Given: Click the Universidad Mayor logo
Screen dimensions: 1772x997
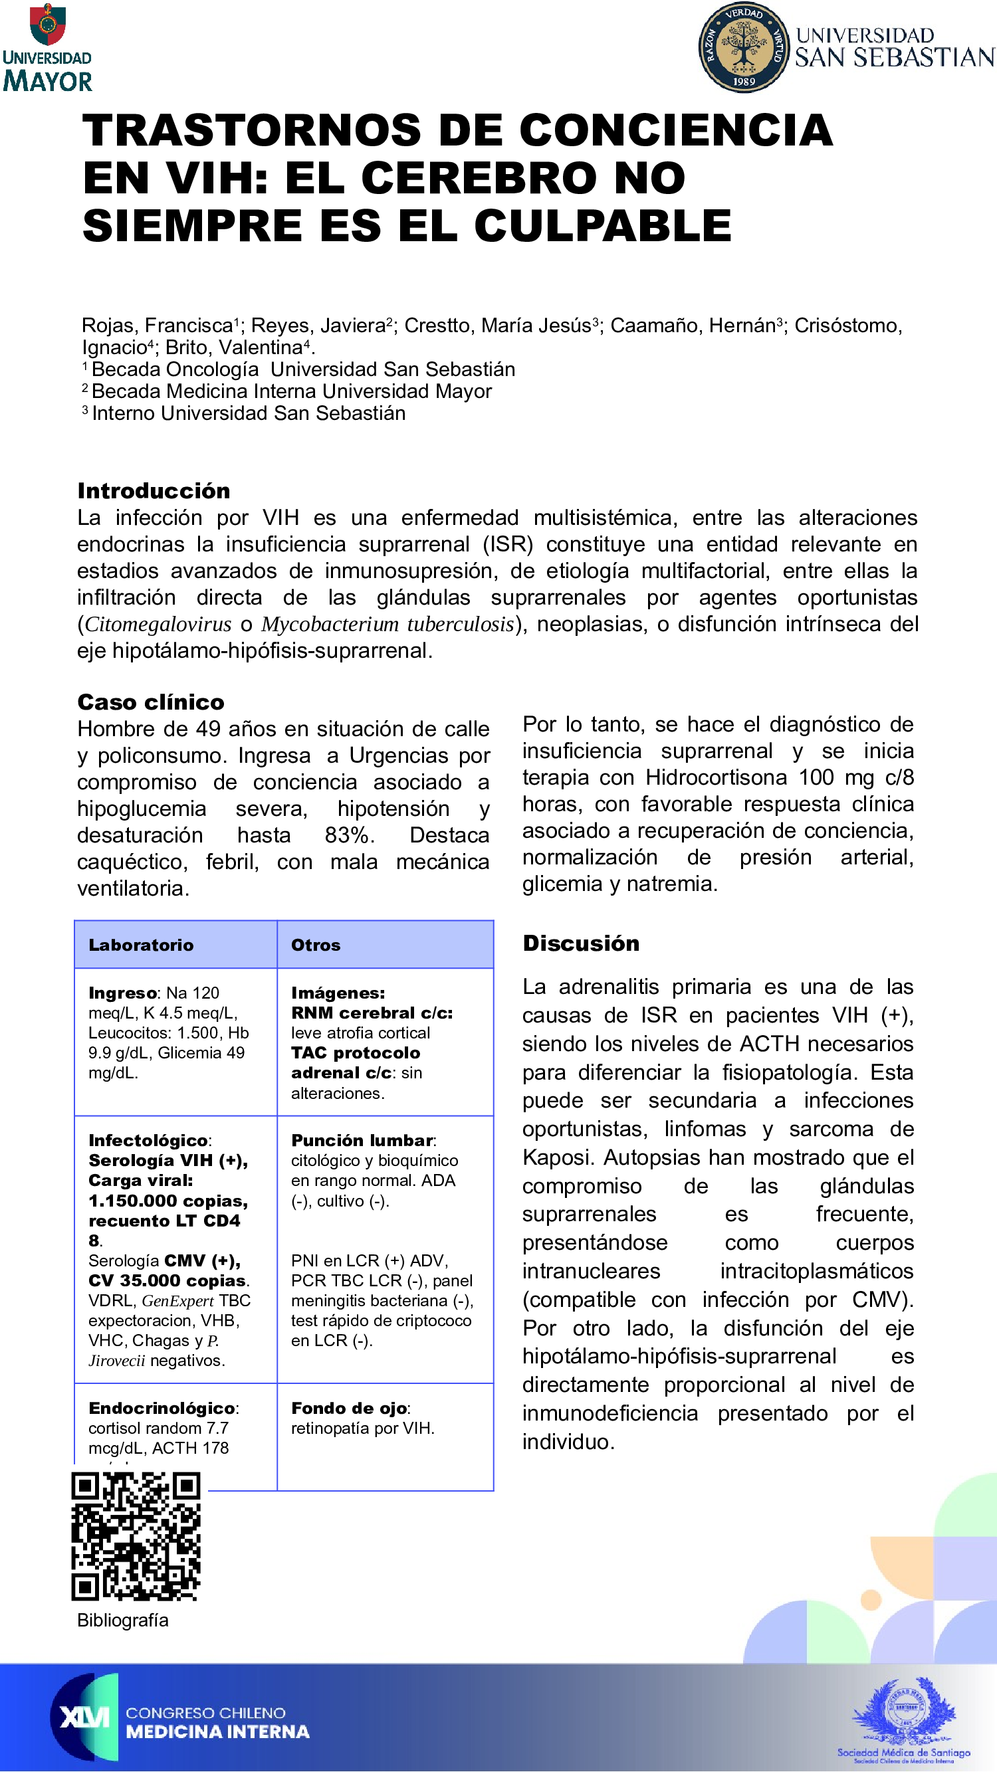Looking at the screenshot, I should pyautogui.click(x=47, y=48).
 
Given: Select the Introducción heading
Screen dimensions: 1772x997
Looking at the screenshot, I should pyautogui.click(x=154, y=491).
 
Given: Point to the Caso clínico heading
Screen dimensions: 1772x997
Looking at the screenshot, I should pyautogui.click(x=151, y=702).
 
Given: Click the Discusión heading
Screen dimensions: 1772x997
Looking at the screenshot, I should pyautogui.click(x=581, y=943).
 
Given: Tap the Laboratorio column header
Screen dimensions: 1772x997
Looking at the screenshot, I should pyautogui.click(x=141, y=945).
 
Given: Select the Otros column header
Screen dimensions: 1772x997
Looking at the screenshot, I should pyautogui.click(x=316, y=945).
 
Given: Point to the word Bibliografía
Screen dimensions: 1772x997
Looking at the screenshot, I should pyautogui.click(x=122, y=1620).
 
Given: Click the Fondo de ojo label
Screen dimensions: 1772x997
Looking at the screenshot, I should pyautogui.click(x=350, y=1408).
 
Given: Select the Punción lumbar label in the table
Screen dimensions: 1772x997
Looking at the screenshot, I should pyautogui.click(x=362, y=1141).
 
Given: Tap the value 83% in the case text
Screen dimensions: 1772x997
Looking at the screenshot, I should pyautogui.click(x=349, y=835).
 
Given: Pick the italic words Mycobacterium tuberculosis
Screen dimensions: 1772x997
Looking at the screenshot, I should pyautogui.click(x=388, y=624).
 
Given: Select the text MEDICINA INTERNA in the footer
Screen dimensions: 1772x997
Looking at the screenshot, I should pyautogui.click(x=217, y=1732).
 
